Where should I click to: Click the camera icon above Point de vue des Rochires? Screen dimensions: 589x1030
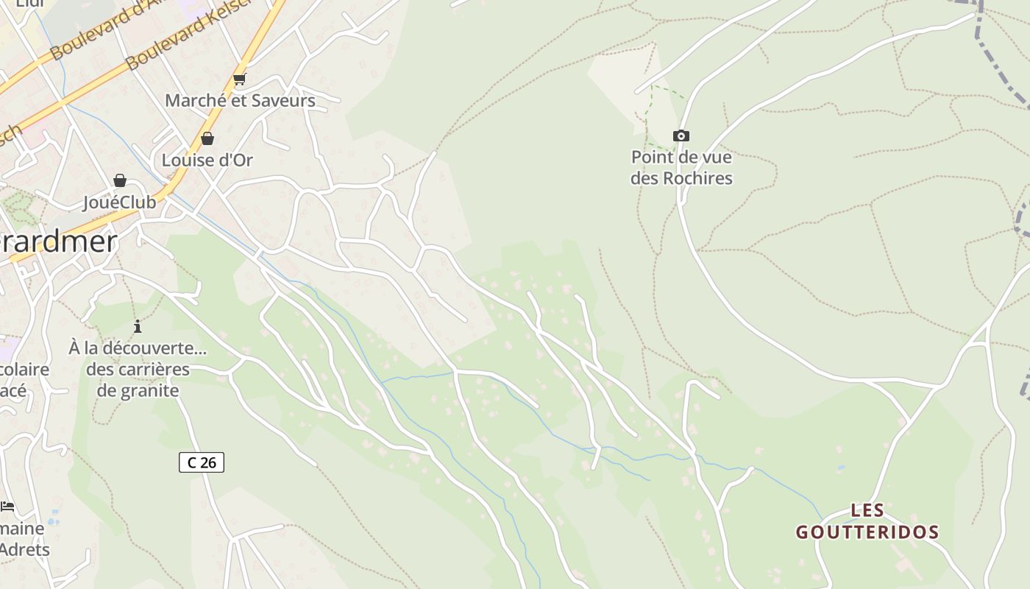click(x=681, y=135)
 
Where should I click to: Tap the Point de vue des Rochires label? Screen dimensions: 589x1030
click(x=681, y=168)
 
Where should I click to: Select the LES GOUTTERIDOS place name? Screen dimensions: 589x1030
click(x=867, y=521)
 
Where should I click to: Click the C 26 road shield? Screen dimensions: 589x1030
click(x=201, y=462)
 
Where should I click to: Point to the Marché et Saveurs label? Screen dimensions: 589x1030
click(x=240, y=100)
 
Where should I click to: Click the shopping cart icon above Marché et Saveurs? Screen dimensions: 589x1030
click(x=239, y=80)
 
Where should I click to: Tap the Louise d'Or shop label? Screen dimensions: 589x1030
click(x=207, y=160)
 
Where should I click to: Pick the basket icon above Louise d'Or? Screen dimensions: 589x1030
click(x=207, y=138)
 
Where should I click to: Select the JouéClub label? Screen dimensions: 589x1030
click(x=119, y=202)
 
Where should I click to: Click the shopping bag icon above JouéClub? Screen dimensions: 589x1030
click(x=119, y=180)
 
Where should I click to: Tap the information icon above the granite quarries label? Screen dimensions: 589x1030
click(x=138, y=326)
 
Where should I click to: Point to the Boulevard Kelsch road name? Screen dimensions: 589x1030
click(x=188, y=37)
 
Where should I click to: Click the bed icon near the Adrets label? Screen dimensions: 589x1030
click(x=7, y=506)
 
